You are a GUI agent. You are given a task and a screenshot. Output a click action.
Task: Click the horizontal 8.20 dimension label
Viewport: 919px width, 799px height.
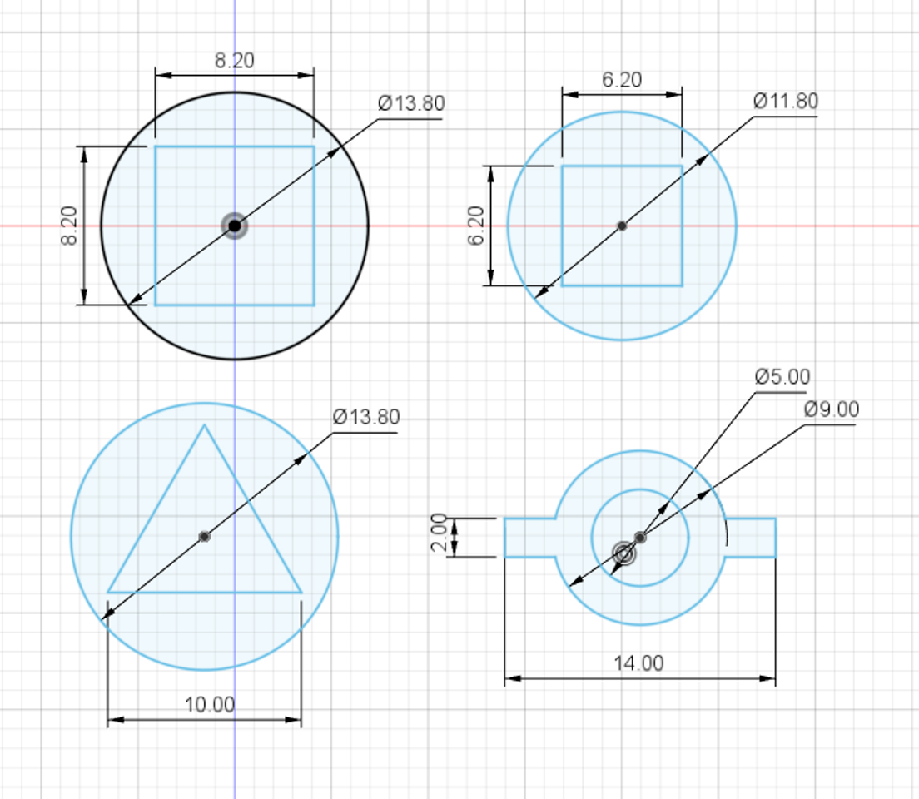click(x=235, y=61)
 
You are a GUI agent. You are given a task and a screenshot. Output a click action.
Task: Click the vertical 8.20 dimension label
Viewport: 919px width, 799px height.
click(x=69, y=226)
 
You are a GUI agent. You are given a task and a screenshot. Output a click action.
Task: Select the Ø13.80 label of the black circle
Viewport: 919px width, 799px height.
click(x=411, y=103)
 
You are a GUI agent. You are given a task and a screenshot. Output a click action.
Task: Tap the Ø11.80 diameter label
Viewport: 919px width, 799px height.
click(x=786, y=101)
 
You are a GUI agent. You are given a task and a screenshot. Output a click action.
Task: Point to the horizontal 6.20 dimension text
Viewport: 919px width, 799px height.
click(x=622, y=80)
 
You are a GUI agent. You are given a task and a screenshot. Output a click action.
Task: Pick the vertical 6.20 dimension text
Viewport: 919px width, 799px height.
click(x=476, y=226)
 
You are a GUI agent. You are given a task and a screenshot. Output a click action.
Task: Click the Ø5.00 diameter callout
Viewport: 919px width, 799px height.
click(x=782, y=376)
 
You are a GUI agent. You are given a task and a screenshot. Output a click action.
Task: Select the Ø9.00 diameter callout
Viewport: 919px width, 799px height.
click(x=832, y=409)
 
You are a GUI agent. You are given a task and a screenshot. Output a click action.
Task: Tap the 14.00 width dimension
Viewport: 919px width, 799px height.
click(x=638, y=663)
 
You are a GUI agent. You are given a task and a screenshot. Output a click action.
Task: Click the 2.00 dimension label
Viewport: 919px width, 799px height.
click(x=440, y=533)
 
